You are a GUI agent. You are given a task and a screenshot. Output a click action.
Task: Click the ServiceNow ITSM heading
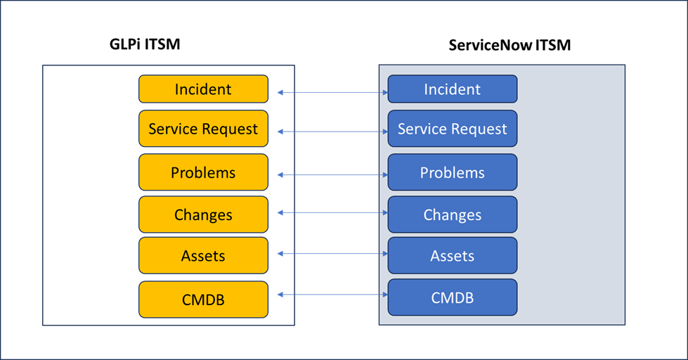pos(509,46)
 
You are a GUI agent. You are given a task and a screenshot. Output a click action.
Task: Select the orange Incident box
pos(203,89)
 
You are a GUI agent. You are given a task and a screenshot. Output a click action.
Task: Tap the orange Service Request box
pos(203,129)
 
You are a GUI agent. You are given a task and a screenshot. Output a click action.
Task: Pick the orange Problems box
pos(203,172)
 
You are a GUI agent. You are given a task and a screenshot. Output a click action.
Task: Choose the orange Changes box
pos(203,214)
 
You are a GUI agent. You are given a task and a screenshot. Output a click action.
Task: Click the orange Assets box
pos(203,255)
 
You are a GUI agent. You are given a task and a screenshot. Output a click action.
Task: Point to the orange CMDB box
pos(203,299)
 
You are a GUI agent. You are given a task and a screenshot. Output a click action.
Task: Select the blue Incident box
pos(453,89)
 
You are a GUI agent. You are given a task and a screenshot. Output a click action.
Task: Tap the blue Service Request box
pos(453,129)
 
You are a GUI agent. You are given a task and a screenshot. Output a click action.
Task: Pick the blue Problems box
pos(453,172)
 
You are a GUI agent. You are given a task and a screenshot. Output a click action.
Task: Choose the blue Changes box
pos(453,214)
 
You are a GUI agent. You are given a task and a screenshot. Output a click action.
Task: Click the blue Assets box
pos(453,255)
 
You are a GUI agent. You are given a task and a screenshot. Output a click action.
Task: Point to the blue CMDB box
pos(453,297)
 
